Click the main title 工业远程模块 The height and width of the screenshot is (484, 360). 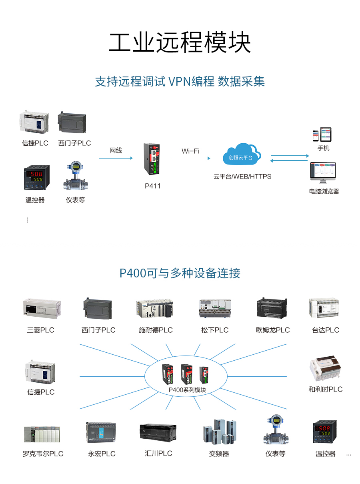pos(180,42)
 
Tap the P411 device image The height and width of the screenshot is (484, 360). pos(152,159)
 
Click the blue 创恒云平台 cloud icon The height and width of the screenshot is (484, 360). pos(242,155)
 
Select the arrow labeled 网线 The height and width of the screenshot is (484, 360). pos(116,158)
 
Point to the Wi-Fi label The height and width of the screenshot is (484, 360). pos(190,151)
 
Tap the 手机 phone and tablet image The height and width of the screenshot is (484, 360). pos(322,135)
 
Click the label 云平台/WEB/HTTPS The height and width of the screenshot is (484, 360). pos(242,177)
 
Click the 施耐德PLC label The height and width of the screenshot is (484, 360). pos(156,330)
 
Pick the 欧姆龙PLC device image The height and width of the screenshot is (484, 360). pos(272,308)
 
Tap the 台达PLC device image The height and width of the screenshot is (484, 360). pos(324,308)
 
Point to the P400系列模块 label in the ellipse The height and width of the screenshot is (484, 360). pos(187,390)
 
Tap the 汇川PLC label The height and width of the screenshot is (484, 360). pos(158,454)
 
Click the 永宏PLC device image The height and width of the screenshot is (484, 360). pos(101,432)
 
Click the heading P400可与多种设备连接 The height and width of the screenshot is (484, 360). pos(180,273)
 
